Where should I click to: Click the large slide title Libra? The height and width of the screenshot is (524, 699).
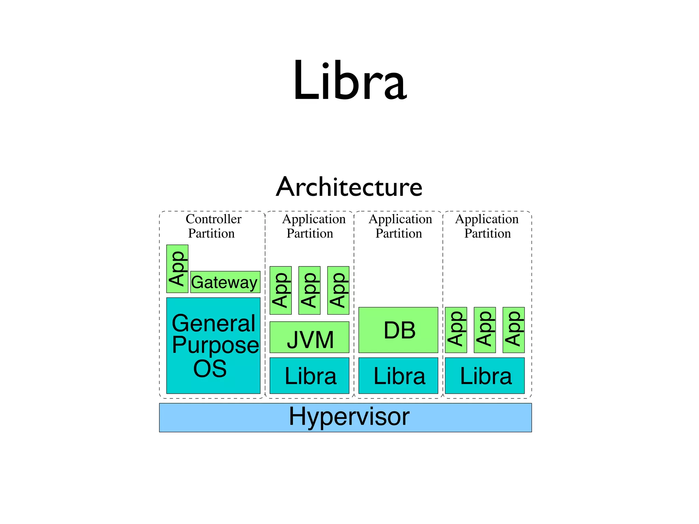(349, 81)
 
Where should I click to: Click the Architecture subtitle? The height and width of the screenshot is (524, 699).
(349, 187)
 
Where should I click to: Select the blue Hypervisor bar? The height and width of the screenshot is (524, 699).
(345, 417)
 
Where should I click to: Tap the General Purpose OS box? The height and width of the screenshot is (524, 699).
(213, 345)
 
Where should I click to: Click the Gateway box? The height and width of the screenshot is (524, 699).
(225, 282)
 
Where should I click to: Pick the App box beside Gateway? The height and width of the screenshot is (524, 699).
(177, 268)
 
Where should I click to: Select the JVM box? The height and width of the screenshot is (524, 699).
(309, 337)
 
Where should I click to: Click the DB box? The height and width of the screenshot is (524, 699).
(398, 330)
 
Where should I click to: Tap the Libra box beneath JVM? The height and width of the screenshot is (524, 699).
(309, 375)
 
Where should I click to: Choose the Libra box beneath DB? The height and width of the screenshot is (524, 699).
(398, 375)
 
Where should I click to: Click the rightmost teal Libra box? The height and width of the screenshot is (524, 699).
(485, 375)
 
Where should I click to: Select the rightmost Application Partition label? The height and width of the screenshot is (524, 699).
(487, 226)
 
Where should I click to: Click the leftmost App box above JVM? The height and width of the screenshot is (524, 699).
(281, 290)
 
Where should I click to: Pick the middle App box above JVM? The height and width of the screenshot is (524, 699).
(309, 290)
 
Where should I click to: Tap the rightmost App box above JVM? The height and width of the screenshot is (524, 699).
(338, 290)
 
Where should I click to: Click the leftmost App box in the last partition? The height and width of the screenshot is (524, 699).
(456, 330)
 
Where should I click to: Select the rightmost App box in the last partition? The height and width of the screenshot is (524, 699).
(513, 330)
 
